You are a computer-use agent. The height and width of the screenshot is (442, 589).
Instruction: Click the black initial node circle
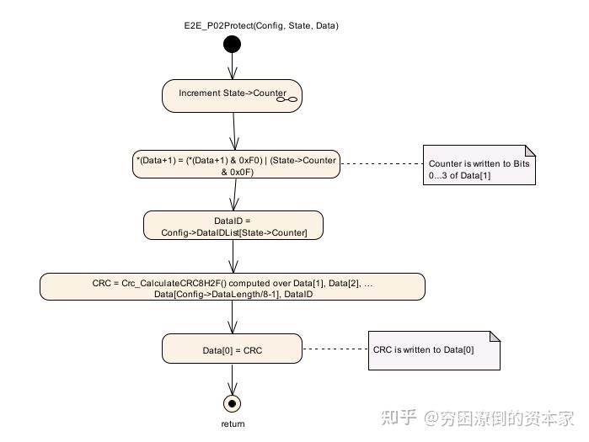tap(232, 45)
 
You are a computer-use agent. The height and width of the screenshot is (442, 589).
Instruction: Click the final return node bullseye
tap(233, 402)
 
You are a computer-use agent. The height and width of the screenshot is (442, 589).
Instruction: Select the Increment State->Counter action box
tap(232, 95)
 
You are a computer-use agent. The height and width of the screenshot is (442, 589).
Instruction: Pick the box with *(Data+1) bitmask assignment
tap(236, 165)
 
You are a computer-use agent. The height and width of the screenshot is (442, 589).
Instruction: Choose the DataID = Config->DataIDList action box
tap(233, 226)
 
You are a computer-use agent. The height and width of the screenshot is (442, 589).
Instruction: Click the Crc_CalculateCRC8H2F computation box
tap(233, 286)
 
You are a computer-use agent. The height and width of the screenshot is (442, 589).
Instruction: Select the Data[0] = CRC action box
tap(233, 349)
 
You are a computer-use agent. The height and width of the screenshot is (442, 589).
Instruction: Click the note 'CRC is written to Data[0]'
tap(435, 349)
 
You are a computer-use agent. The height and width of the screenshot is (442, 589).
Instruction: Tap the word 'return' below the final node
tap(233, 424)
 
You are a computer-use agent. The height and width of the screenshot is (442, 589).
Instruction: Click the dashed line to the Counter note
tap(380, 163)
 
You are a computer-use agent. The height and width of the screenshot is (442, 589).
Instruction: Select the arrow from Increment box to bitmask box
tap(233, 130)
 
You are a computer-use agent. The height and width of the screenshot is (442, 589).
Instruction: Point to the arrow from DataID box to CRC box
tap(233, 256)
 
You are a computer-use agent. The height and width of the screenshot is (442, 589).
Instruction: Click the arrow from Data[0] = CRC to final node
tap(233, 378)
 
